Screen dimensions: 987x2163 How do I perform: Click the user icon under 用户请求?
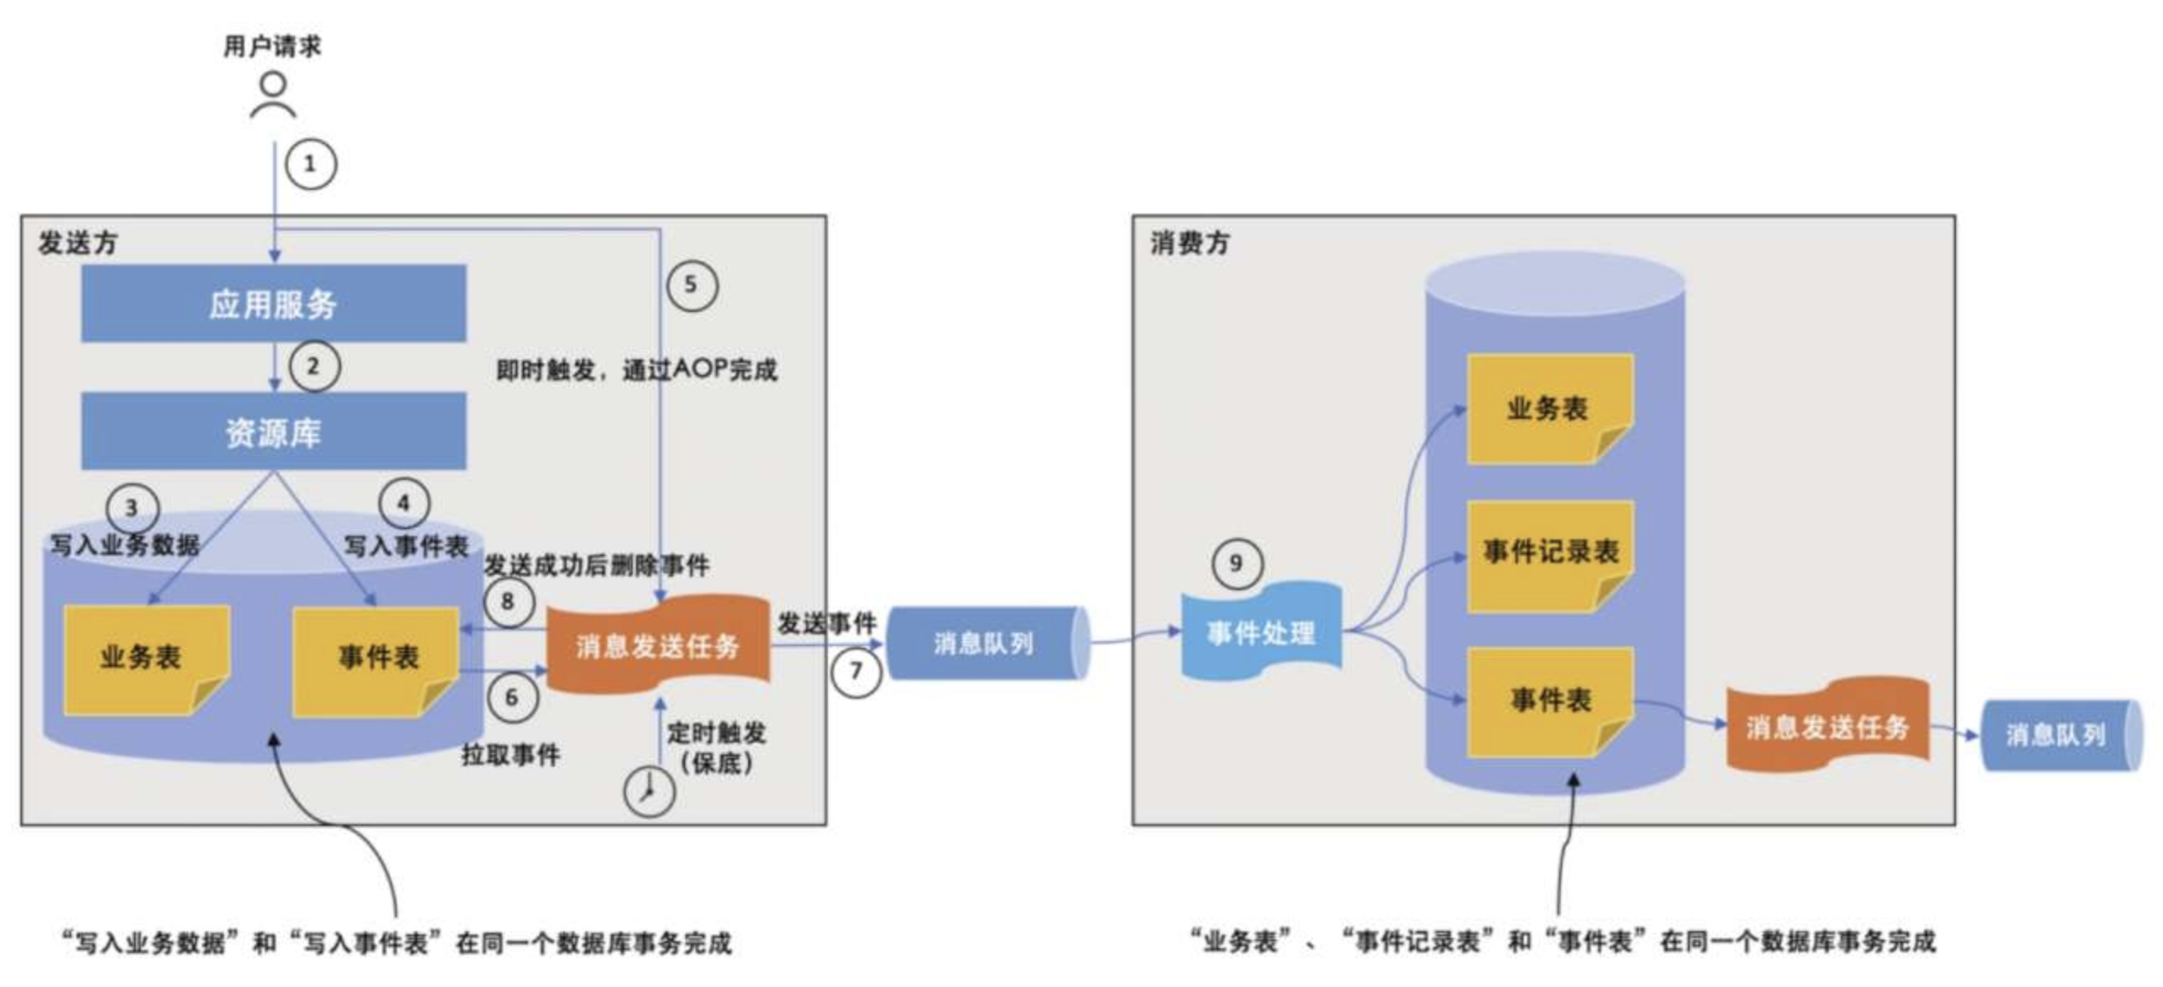[x=273, y=95]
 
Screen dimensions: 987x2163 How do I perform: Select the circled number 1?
[x=310, y=164]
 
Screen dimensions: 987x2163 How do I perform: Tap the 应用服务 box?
[x=273, y=304]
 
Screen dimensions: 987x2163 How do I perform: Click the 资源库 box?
[x=273, y=432]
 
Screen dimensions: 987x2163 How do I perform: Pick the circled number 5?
[x=691, y=285]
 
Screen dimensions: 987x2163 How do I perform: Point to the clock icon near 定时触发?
[x=649, y=791]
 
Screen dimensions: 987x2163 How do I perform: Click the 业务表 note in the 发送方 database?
[x=146, y=658]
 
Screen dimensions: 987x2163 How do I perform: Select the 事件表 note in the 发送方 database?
[x=376, y=660]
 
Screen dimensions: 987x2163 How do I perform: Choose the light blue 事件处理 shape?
[x=1260, y=631]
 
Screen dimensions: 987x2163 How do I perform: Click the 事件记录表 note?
[x=1550, y=555]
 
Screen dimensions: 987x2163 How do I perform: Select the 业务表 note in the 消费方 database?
[x=1549, y=409]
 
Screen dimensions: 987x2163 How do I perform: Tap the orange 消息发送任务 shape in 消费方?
[x=1827, y=726]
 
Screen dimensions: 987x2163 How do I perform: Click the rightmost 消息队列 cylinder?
[x=2058, y=734]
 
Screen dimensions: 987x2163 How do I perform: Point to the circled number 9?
[x=1236, y=563]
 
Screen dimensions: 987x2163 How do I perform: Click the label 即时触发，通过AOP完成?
[x=636, y=370]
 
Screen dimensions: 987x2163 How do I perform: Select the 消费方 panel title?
[x=1189, y=243]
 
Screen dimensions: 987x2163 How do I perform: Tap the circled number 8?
[x=508, y=601]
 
